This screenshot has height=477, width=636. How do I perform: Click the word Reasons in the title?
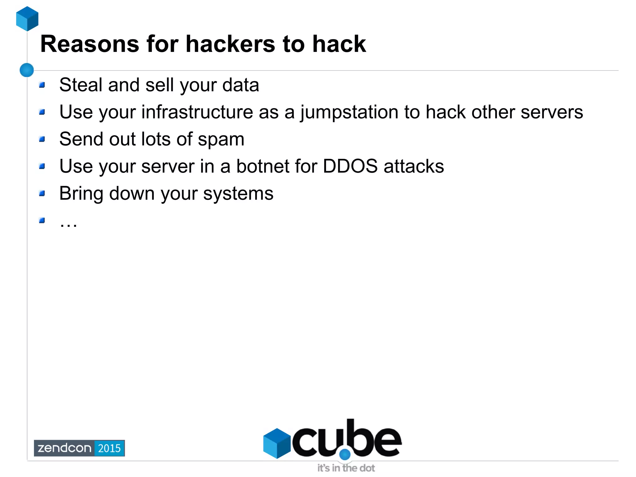click(x=89, y=44)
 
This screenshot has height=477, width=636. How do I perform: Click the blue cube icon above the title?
click(x=27, y=19)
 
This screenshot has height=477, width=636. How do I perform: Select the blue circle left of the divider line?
click(x=27, y=70)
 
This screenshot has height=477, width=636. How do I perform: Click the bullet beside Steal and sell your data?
click(x=42, y=85)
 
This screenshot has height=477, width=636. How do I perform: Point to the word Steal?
click(x=81, y=85)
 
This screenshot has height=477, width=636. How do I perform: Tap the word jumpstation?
click(x=349, y=112)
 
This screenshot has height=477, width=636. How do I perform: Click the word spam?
click(x=221, y=140)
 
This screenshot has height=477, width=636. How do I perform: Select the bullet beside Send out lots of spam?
click(x=42, y=139)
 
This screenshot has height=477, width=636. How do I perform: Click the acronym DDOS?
click(x=350, y=166)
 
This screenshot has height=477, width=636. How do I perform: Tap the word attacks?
click(x=414, y=166)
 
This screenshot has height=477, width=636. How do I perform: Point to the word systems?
click(x=238, y=194)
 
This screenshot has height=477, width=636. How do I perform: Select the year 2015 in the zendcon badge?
click(x=109, y=448)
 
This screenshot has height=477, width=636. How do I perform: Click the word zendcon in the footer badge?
click(x=64, y=448)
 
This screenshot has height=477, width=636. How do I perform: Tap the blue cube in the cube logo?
click(x=277, y=443)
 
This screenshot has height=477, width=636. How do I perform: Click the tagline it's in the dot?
click(x=346, y=468)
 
